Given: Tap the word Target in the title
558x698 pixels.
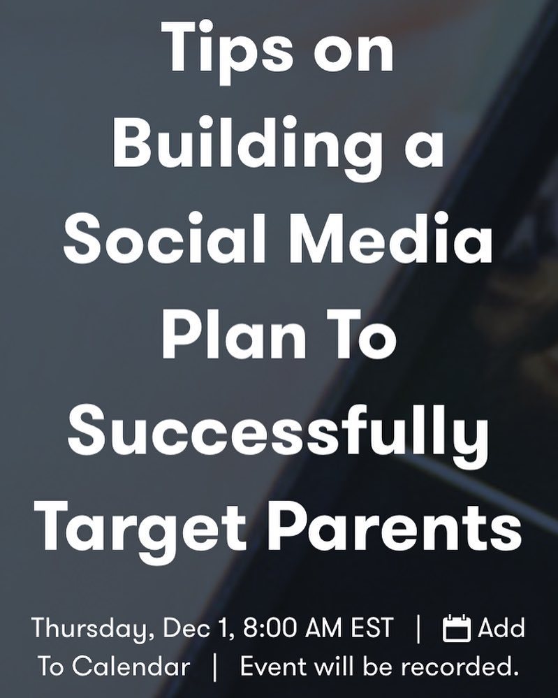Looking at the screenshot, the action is pyautogui.click(x=140, y=527).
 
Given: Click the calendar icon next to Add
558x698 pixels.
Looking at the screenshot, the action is pyautogui.click(x=457, y=628).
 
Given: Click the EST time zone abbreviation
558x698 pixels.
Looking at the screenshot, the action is pyautogui.click(x=372, y=627).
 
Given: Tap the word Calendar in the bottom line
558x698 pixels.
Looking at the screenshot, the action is pyautogui.click(x=131, y=667).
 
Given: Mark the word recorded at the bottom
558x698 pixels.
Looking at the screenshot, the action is pyautogui.click(x=460, y=667).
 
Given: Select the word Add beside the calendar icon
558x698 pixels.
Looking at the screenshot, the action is pyautogui.click(x=501, y=627).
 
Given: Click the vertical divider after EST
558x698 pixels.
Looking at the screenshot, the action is pyautogui.click(x=418, y=629).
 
